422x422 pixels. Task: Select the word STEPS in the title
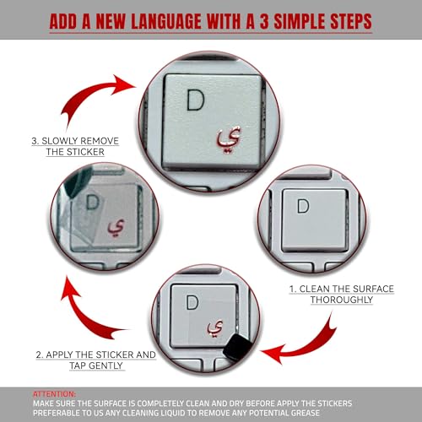[x=346, y=19]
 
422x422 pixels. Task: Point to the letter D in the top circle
[x=196, y=102]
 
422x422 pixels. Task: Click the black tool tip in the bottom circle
[x=239, y=347]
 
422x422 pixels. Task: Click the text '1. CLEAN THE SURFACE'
[x=342, y=289]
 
